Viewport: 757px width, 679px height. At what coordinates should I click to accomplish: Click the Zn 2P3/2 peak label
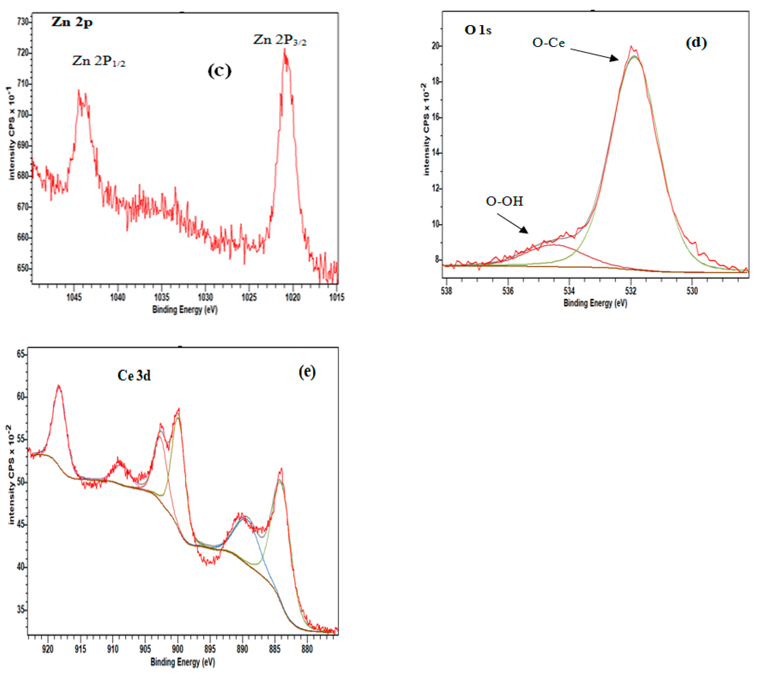tap(280, 40)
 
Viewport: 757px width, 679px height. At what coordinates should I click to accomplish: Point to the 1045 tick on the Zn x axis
tap(74, 297)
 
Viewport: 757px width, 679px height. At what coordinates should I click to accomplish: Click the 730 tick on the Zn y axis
tap(23, 22)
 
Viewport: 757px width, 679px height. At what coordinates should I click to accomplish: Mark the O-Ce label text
tap(548, 43)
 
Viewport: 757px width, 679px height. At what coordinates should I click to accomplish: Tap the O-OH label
tap(505, 201)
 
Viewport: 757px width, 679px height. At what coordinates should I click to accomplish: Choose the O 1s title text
tap(478, 30)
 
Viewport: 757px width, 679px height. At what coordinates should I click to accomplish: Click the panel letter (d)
tap(696, 43)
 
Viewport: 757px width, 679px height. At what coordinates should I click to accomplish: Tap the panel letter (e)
tap(307, 372)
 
